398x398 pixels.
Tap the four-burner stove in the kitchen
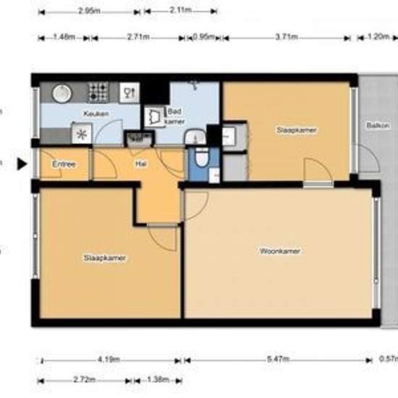pos(98,92)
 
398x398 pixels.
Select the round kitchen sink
pos(62,93)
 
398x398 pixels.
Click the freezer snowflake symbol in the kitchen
pos(81,133)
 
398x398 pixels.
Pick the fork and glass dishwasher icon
pos(130,92)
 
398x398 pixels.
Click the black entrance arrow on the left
pos(22,164)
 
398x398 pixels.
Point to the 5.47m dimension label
pos(278,360)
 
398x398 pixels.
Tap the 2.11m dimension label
pos(179,11)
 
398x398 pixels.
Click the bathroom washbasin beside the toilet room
pos(192,137)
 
